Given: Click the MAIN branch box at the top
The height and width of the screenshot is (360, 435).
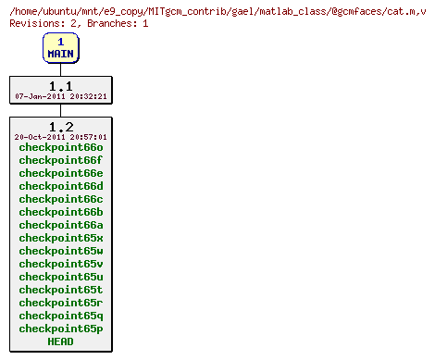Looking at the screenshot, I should click(x=60, y=48).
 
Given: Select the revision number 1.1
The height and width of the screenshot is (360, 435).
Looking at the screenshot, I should click(x=60, y=86).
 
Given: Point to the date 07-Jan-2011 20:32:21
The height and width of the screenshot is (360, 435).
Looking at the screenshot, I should click(x=61, y=96).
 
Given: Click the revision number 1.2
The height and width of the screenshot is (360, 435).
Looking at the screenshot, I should click(x=60, y=127).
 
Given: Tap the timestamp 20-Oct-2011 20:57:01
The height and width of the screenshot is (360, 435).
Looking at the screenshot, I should click(x=61, y=137).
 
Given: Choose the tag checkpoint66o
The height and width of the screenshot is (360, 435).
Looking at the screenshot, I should click(x=61, y=147).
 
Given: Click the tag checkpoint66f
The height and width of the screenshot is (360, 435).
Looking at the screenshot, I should click(x=61, y=160).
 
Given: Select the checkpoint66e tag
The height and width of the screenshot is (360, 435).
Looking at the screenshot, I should click(x=61, y=173).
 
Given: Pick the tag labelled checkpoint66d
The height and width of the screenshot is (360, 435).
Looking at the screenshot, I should click(x=61, y=186).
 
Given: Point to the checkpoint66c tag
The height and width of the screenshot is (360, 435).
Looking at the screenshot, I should click(x=61, y=199).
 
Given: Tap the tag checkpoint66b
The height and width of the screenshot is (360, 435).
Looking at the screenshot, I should click(x=61, y=212).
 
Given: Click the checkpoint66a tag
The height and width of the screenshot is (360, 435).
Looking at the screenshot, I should click(x=61, y=225).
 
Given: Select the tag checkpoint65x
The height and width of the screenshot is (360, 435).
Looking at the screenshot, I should click(x=61, y=238).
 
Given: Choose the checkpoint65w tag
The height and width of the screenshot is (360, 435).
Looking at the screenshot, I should click(x=61, y=251).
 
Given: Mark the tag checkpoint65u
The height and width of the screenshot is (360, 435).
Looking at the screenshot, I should click(x=61, y=277).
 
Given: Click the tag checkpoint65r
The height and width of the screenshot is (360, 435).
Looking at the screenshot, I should click(x=61, y=303).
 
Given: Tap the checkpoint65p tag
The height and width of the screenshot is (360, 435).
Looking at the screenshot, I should click(x=61, y=329).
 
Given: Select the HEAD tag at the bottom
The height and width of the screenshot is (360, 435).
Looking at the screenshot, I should click(x=61, y=341).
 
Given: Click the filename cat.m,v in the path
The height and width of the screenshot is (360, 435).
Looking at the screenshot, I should click(x=404, y=10).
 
